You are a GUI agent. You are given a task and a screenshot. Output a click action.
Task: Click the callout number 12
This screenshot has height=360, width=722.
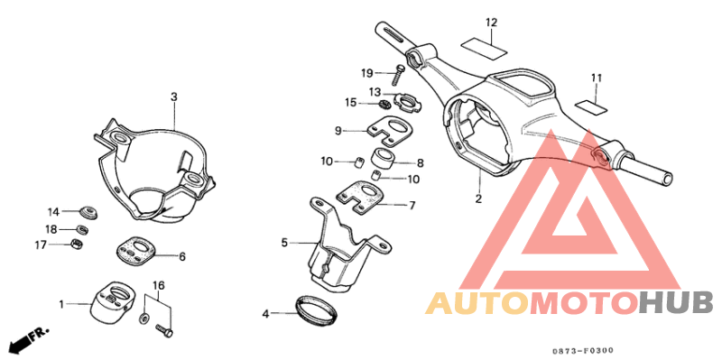491,22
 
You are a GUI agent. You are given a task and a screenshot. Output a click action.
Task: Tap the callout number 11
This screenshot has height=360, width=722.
597,77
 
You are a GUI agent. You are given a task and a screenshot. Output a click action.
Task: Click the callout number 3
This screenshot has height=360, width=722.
174,97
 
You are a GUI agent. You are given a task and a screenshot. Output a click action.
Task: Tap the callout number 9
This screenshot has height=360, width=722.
338,131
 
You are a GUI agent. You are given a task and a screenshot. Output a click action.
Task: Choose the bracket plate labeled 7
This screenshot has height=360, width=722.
366,198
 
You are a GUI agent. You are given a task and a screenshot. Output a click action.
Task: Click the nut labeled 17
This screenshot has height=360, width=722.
79,245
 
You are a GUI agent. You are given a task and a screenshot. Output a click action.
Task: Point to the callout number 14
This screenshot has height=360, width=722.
53,211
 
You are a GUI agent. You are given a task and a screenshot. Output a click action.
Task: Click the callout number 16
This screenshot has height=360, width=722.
159,285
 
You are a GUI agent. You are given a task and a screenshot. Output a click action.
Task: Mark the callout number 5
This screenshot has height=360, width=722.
285,243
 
